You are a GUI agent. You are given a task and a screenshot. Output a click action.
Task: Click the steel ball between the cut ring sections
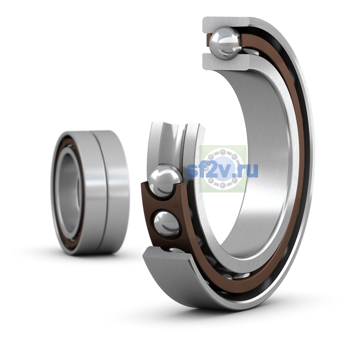[x=226, y=43]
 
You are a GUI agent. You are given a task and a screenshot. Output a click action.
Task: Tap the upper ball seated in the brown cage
[x=165, y=181]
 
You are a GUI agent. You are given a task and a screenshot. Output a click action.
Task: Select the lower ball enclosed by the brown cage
[x=166, y=224]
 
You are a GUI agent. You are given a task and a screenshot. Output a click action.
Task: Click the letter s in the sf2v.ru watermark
[x=192, y=172]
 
